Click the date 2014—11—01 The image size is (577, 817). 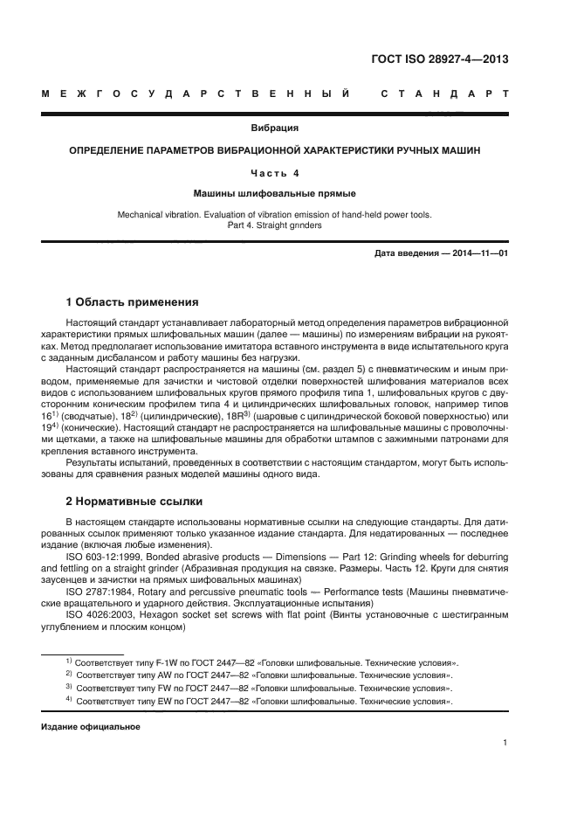(476, 253)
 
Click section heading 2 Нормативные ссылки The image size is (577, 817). (134, 502)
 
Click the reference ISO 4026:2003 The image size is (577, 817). (100, 615)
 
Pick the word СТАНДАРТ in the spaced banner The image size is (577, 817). (445, 93)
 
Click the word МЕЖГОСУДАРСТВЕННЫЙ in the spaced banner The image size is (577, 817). (197, 93)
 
